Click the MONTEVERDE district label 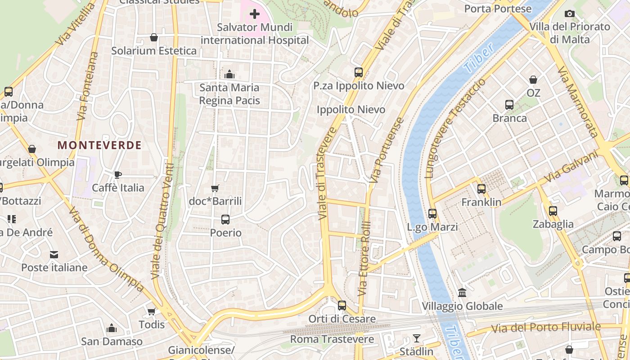(99, 145)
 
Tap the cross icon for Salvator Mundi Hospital (255, 14)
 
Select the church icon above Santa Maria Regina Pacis (229, 74)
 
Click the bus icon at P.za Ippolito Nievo (359, 72)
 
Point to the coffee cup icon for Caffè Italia (118, 175)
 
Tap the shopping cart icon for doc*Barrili (215, 188)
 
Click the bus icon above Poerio (225, 220)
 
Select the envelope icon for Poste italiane (54, 255)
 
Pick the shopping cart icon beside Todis (152, 311)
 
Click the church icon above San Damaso (112, 328)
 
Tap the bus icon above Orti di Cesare (342, 306)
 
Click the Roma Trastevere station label (332, 339)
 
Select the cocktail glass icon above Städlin (417, 338)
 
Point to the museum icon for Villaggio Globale (462, 293)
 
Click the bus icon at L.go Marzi (432, 214)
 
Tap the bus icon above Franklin (481, 189)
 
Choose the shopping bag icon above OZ (533, 80)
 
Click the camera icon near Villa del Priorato (570, 13)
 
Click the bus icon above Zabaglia (553, 211)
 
